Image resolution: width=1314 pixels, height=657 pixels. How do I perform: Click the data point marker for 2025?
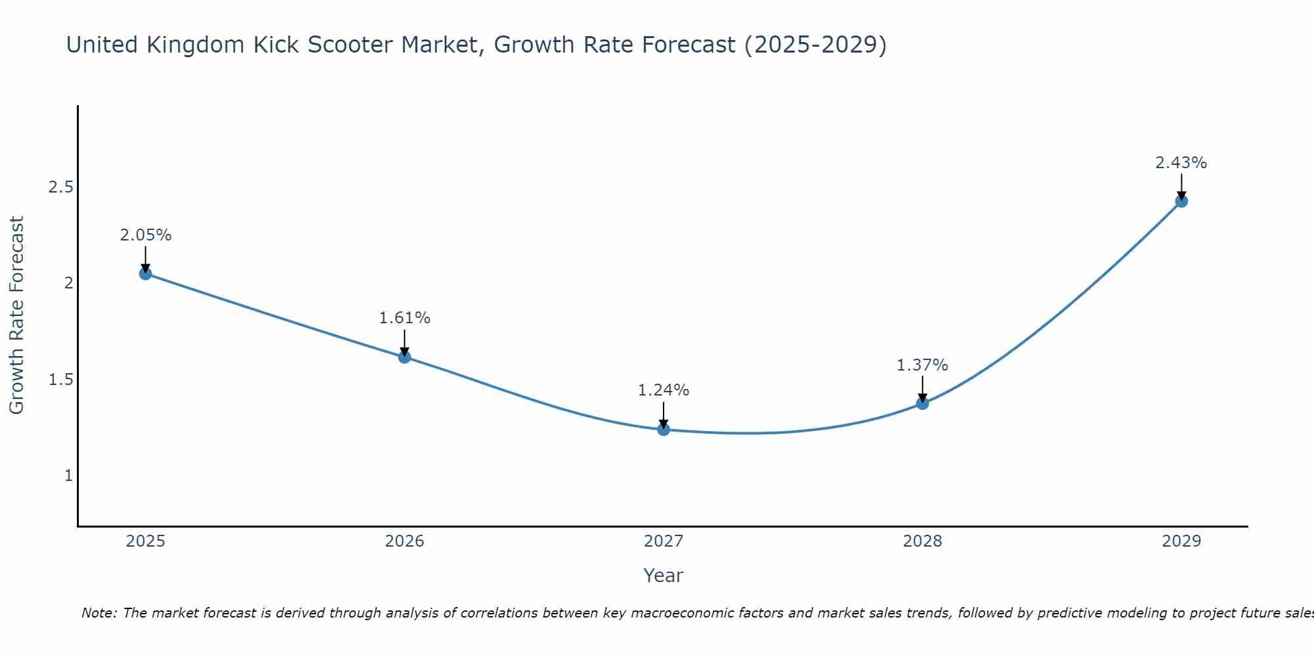click(x=146, y=273)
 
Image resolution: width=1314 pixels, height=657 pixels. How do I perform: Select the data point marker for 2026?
click(x=405, y=357)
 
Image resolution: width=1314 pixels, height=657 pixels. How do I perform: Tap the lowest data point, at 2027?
click(x=664, y=430)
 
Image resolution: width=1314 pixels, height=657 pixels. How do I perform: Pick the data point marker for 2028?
click(x=922, y=403)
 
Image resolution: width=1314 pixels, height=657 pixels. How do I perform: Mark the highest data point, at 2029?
click(x=1181, y=201)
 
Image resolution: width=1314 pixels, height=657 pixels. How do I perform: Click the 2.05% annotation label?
click(x=146, y=235)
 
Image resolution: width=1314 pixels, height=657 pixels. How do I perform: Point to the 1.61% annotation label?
click(x=405, y=318)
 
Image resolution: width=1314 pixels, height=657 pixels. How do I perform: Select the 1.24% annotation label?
click(x=664, y=390)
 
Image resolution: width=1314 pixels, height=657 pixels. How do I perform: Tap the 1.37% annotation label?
click(x=922, y=365)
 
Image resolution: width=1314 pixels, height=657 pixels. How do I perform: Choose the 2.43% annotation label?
click(x=1181, y=163)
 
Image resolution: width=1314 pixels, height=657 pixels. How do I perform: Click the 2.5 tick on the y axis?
click(x=60, y=187)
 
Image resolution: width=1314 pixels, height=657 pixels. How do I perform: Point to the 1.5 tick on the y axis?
click(x=60, y=380)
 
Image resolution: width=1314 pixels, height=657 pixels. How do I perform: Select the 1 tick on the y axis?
click(x=68, y=476)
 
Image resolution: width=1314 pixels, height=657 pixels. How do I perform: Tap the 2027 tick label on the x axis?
click(x=664, y=541)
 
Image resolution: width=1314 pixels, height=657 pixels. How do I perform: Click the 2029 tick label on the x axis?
click(x=1181, y=541)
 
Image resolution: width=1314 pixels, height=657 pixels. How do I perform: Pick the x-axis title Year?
click(x=664, y=576)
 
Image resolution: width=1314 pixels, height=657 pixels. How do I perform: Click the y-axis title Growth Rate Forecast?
click(x=17, y=315)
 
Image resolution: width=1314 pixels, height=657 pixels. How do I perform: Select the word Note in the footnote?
click(x=99, y=613)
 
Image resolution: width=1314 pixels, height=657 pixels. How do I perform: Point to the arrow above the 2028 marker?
click(x=922, y=388)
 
